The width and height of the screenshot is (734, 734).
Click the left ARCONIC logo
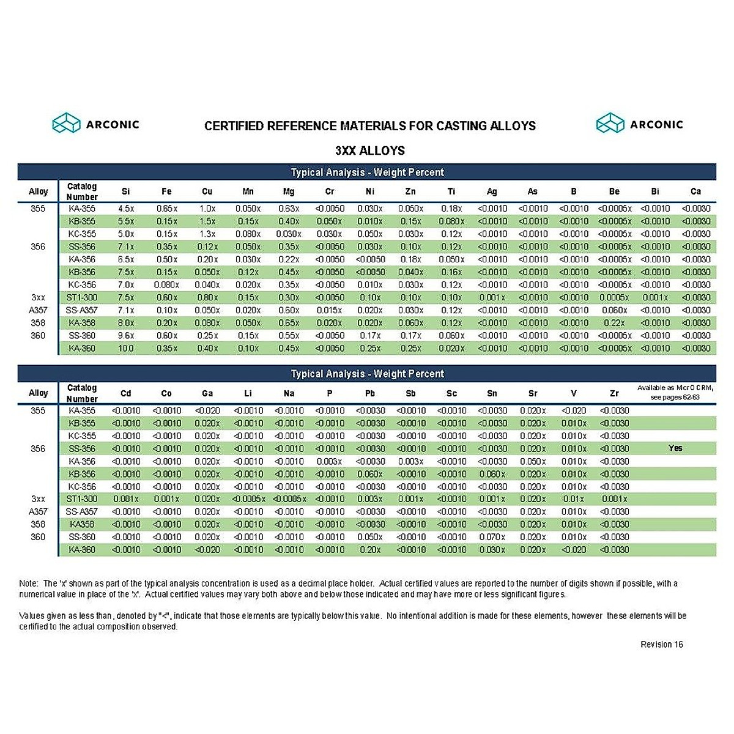96,124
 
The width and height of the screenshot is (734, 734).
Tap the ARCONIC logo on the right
639,124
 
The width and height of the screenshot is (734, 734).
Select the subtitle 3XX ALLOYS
369,150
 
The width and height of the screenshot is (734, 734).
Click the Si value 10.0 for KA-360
126,349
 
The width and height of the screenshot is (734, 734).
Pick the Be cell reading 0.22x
614,323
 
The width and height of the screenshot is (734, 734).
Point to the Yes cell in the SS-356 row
675,448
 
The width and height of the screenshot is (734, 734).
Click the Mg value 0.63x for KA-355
289,209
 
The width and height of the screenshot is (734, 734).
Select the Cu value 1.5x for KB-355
207,221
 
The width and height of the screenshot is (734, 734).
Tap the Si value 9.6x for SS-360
126,336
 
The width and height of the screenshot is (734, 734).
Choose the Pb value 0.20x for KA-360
370,550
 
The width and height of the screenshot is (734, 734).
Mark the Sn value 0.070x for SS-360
492,537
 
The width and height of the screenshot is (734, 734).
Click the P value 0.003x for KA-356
330,462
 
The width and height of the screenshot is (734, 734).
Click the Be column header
614,191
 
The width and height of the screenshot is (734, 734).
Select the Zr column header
614,393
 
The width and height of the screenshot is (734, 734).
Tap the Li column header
248,393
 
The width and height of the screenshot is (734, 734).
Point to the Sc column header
451,393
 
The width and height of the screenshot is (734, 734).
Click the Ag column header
492,191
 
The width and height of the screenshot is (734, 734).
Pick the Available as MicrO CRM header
675,392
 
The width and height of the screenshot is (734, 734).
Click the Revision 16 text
662,645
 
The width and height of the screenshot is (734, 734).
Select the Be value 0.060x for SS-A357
614,311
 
